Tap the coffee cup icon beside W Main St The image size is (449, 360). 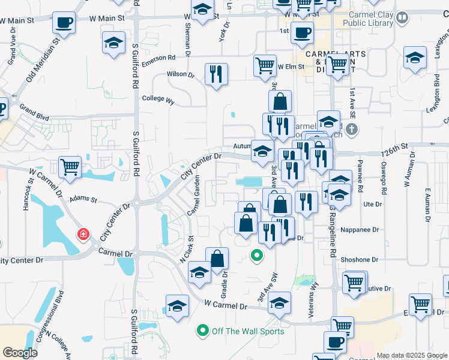coord(64,24)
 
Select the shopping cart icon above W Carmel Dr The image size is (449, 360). coord(70,166)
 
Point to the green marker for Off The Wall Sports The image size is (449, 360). coord(202,330)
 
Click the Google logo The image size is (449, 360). coord(20,352)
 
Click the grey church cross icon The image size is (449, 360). coord(352,128)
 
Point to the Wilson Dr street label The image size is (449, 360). coord(181,75)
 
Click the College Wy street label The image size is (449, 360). coord(157,100)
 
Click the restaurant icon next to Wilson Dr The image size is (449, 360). coord(216,74)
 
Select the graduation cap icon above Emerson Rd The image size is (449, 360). coord(112,44)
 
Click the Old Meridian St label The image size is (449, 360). coord(43,61)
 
